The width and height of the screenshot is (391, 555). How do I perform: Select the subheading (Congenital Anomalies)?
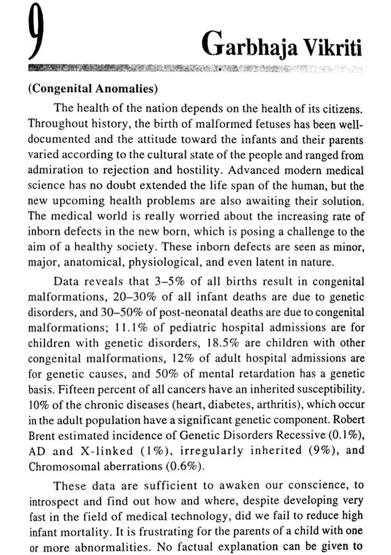coord(93,89)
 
